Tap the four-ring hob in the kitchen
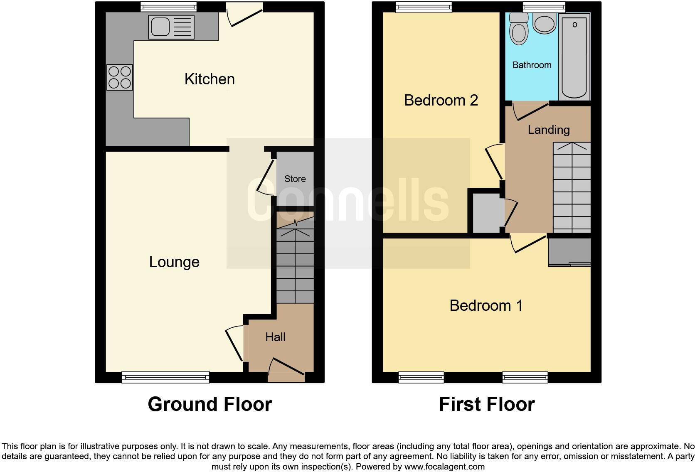pos(120,77)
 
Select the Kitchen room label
pos(209,79)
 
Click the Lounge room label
pos(174,262)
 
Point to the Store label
pos(295,179)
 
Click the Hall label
pos(275,337)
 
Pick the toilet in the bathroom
pos(519,29)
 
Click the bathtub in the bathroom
pos(574,56)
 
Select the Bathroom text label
pos(532,65)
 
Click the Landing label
pos(549,130)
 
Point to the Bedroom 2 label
pos(441,101)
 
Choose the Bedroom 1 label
pos(486,306)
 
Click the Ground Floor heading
pos(210,404)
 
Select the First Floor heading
pos(487,404)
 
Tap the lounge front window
pos(165,377)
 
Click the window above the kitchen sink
pos(168,6)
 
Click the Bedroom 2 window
pos(424,6)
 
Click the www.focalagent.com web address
pos(444,467)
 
